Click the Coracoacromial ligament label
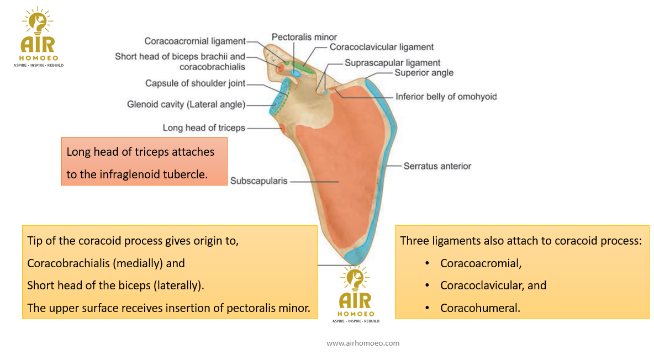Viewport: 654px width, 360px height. point(194,41)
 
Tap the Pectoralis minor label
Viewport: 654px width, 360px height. point(304,37)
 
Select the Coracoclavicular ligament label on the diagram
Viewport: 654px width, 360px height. point(382,47)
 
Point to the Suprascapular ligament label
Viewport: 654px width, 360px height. point(392,63)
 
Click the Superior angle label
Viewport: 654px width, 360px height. point(424,73)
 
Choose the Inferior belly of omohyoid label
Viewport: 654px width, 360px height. point(446,97)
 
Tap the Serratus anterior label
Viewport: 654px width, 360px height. point(437,166)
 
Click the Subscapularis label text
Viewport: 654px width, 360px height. point(259,181)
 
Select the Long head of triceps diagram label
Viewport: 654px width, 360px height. point(204,128)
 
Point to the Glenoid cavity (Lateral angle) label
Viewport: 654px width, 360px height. point(186,104)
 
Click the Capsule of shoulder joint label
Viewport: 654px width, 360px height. point(195,83)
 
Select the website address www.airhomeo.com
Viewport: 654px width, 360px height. point(363,343)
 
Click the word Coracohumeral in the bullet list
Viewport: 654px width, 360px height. point(479,308)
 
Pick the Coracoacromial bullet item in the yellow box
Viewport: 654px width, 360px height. point(481,263)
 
